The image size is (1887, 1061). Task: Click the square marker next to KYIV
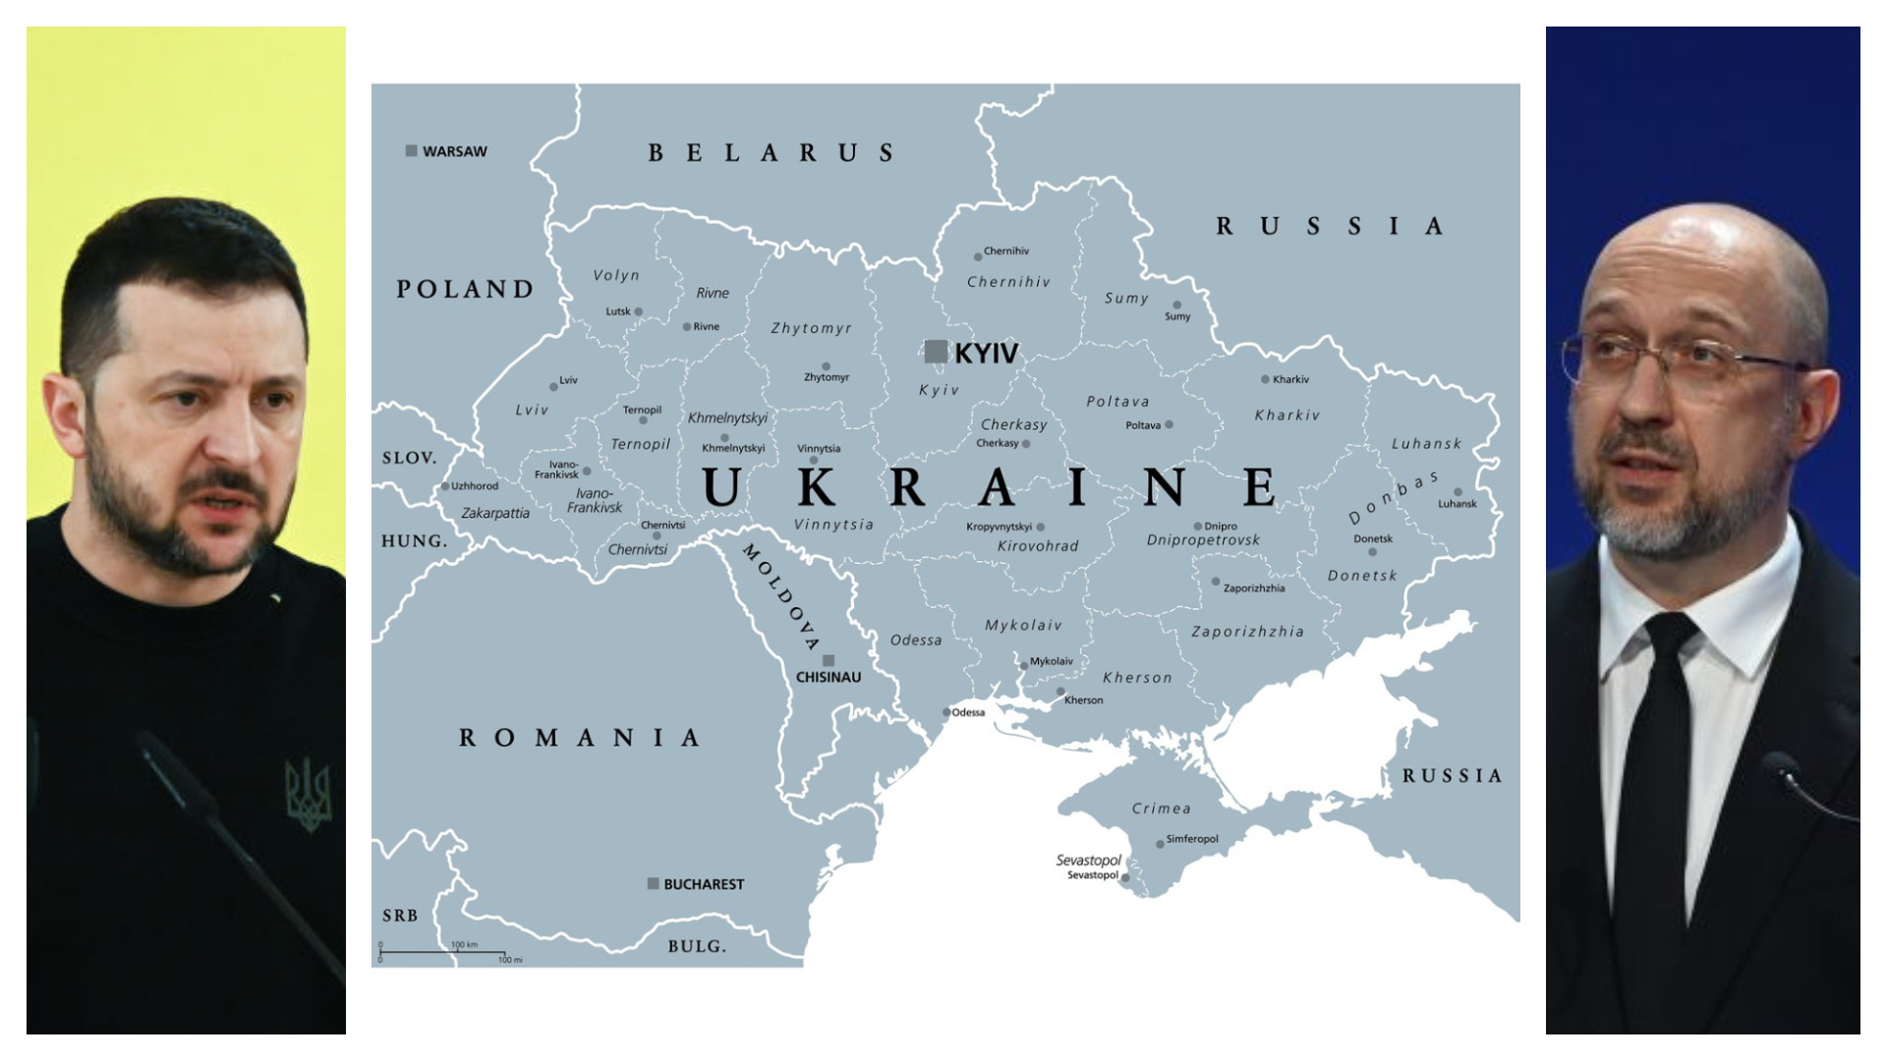[936, 351]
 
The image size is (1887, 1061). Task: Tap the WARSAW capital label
[454, 151]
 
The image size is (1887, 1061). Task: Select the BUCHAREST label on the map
[703, 884]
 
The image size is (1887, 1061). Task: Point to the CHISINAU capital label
[829, 677]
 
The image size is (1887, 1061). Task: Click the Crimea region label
[1161, 809]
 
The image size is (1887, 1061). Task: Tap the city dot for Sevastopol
[1125, 876]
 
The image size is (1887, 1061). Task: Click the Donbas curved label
[1392, 498]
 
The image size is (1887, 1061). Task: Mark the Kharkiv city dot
[1265, 379]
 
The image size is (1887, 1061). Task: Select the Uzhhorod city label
[475, 486]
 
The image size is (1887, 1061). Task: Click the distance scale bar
[442, 952]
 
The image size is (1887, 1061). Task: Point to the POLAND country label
[465, 289]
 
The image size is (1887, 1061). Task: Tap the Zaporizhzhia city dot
[1216, 582]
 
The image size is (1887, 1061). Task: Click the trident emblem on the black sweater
[308, 792]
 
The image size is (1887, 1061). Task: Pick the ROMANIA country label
[580, 738]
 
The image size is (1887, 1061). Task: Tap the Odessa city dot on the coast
[946, 712]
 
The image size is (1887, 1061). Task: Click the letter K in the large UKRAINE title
[817, 487]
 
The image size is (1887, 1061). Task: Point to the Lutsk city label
[617, 311]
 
